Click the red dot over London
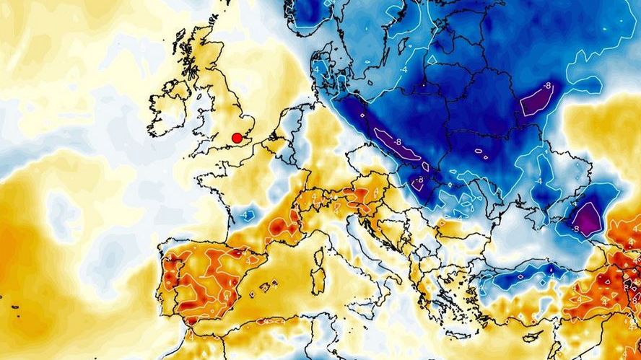236,138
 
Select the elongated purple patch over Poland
396,147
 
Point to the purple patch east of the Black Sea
587,217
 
